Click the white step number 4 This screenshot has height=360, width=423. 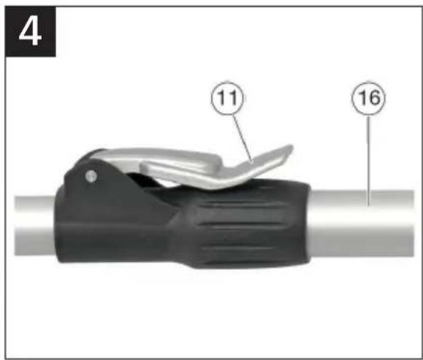(x=30, y=33)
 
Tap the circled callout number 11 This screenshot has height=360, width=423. (x=227, y=98)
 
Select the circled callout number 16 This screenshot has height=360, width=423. (x=368, y=98)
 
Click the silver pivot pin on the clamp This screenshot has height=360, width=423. (x=91, y=177)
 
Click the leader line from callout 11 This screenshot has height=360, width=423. (x=243, y=138)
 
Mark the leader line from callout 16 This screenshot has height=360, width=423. (x=368, y=160)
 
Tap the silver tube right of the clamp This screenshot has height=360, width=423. (x=362, y=223)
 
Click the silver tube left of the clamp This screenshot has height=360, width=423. (x=34, y=226)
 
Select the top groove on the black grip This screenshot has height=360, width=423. (x=243, y=206)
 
